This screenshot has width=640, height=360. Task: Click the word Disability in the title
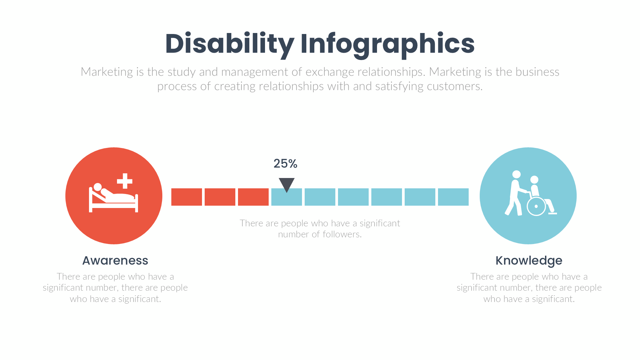click(229, 44)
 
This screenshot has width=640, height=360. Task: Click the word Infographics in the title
click(387, 44)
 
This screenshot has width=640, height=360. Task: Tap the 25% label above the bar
click(285, 164)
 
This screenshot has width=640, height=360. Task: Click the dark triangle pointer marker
click(286, 184)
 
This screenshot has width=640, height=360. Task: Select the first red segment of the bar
click(187, 197)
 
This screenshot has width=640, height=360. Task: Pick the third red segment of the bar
click(253, 197)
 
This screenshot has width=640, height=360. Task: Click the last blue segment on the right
click(453, 197)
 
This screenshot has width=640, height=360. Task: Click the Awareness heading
click(115, 261)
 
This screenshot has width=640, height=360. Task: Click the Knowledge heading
click(529, 261)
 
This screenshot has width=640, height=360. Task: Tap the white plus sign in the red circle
click(125, 181)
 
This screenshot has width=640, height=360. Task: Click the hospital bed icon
click(113, 200)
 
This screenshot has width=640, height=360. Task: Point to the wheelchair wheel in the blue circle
click(536, 206)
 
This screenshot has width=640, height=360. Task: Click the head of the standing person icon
click(516, 174)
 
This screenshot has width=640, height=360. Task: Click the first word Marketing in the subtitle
click(107, 72)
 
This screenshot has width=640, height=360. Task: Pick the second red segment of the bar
click(220, 197)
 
